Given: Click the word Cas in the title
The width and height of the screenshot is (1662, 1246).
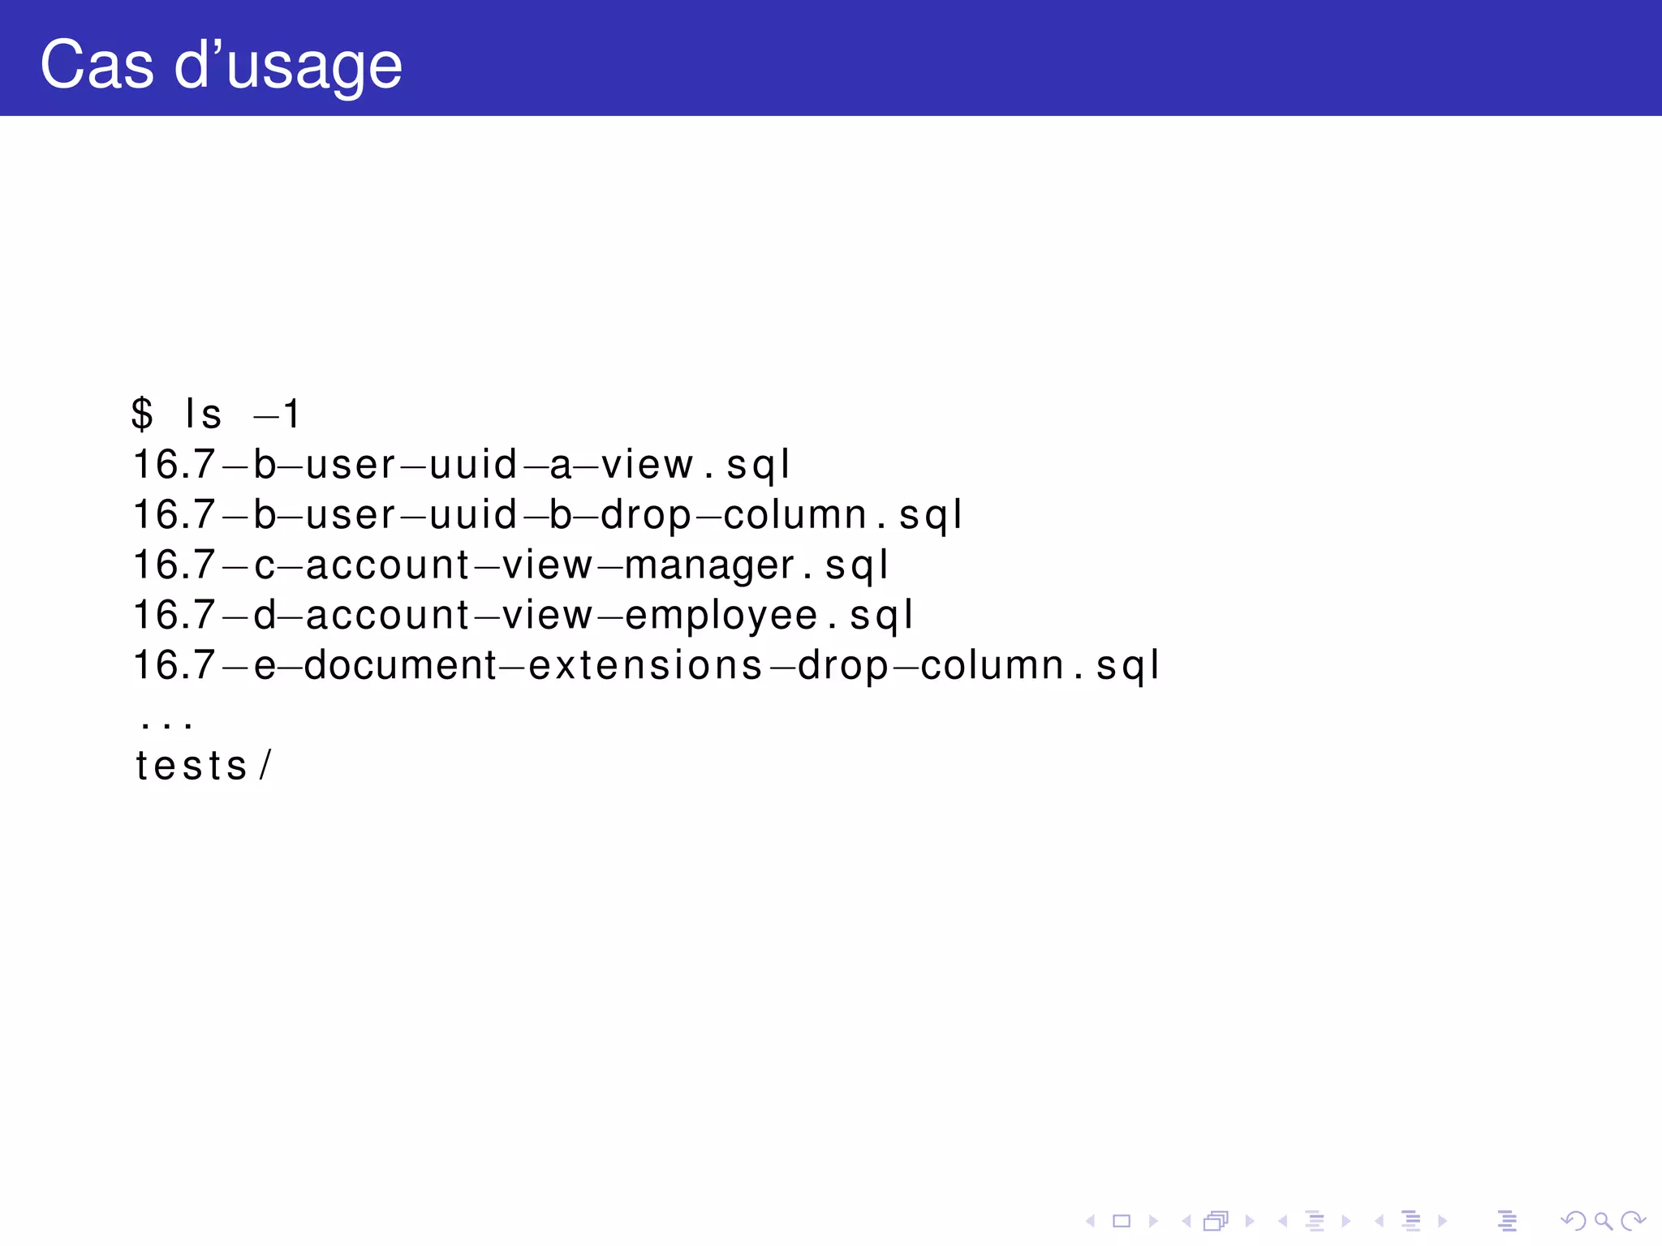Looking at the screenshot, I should click(x=96, y=65).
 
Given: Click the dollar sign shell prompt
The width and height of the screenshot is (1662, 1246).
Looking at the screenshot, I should click(x=142, y=414).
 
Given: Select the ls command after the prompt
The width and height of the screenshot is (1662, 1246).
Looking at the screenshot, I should click(x=203, y=414).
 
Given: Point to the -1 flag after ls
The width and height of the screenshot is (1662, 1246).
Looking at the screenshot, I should click(x=278, y=415).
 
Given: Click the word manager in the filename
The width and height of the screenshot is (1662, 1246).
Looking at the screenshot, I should click(x=709, y=565).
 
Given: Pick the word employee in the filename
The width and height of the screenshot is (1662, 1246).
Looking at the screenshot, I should click(x=721, y=616).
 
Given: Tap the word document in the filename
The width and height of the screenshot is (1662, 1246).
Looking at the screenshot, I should click(x=400, y=665).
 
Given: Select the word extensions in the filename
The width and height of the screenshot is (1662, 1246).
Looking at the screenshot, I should click(x=645, y=665).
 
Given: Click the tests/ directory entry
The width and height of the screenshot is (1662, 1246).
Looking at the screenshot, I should click(x=203, y=766).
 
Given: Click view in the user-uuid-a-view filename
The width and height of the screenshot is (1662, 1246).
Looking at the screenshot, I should click(x=647, y=465).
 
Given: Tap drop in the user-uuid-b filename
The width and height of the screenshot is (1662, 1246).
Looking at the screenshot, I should click(x=646, y=515).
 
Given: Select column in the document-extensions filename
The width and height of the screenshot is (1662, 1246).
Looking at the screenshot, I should click(x=992, y=665).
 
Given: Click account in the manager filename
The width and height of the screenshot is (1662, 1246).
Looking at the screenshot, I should click(x=388, y=565).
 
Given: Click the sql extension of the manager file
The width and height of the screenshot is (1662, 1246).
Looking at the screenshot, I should click(x=856, y=565).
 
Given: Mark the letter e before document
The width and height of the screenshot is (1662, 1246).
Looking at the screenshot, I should click(x=265, y=665).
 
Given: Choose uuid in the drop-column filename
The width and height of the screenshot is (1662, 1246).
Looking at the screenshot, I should click(x=473, y=515).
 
